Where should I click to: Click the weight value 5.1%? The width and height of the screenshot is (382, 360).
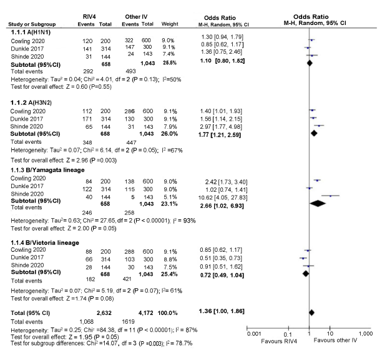[171, 195]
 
